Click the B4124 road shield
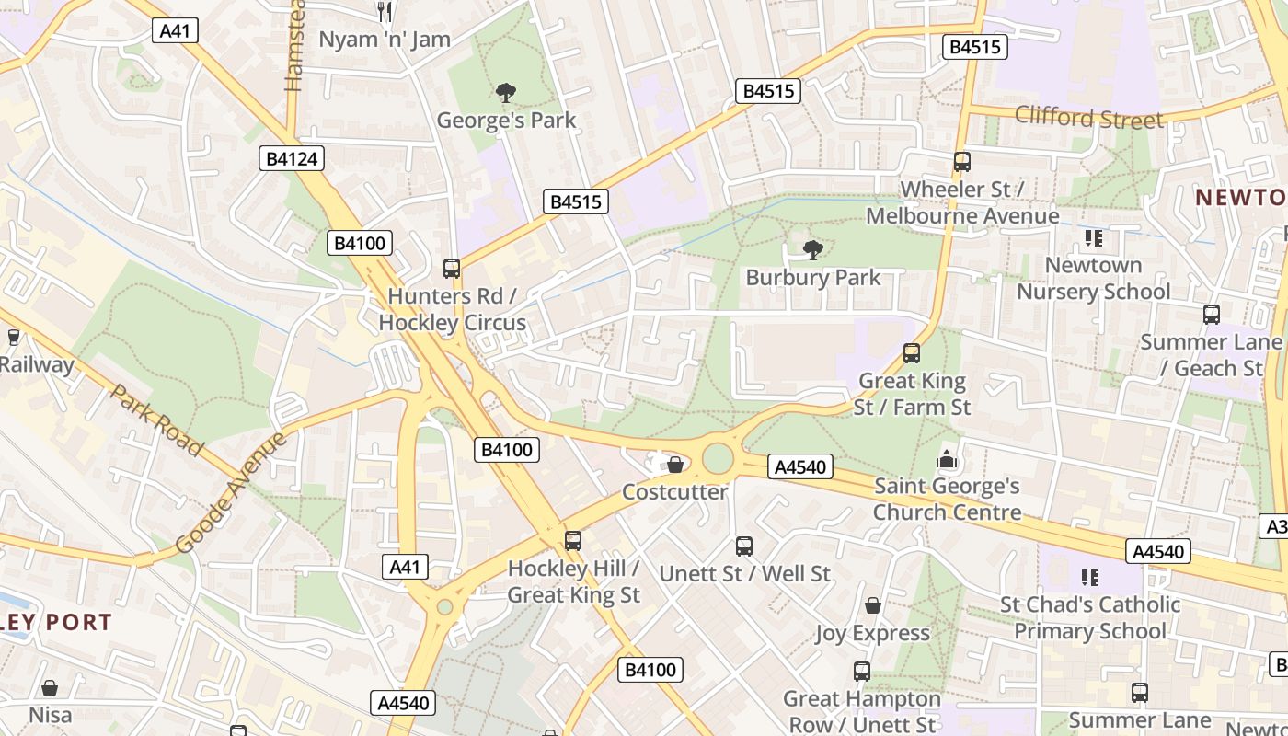pyautogui.click(x=291, y=158)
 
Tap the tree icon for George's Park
pyautogui.click(x=505, y=92)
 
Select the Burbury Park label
pyautogui.click(x=812, y=277)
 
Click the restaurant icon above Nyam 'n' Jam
pyautogui.click(x=385, y=11)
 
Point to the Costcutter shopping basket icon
pyautogui.click(x=675, y=465)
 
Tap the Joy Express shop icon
pyautogui.click(x=872, y=605)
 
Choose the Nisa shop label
pyautogui.click(x=50, y=714)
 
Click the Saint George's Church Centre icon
pyautogui.click(x=947, y=458)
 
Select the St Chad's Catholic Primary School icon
pyautogui.click(x=1090, y=578)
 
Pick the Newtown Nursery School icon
pyautogui.click(x=1093, y=238)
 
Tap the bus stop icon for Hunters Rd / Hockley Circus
pyautogui.click(x=452, y=269)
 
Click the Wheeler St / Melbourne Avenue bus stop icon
pyautogui.click(x=961, y=162)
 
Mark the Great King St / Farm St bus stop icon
pyautogui.click(x=912, y=353)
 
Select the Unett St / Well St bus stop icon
pyautogui.click(x=744, y=546)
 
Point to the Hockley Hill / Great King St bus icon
pyautogui.click(x=573, y=541)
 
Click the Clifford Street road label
pyautogui.click(x=1088, y=118)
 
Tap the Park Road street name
pyautogui.click(x=156, y=420)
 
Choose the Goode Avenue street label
pyautogui.click(x=230, y=492)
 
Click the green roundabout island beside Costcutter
pyautogui.click(x=718, y=458)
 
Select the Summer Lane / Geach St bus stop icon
pyautogui.click(x=1212, y=315)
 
